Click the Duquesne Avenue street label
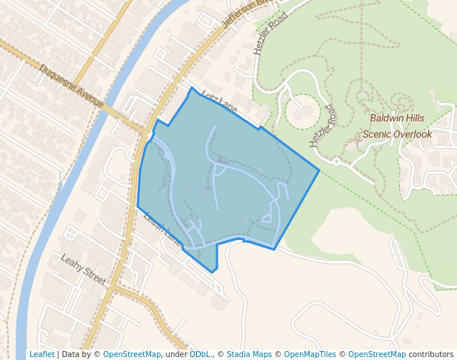click(x=72, y=86)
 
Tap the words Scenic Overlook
click(x=396, y=134)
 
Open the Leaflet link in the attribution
click(x=41, y=354)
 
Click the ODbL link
click(x=200, y=354)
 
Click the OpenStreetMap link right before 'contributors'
click(x=377, y=354)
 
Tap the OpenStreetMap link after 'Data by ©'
click(x=132, y=354)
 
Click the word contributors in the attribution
click(x=430, y=354)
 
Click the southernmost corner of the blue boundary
click(x=216, y=272)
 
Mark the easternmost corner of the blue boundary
click(x=319, y=171)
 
